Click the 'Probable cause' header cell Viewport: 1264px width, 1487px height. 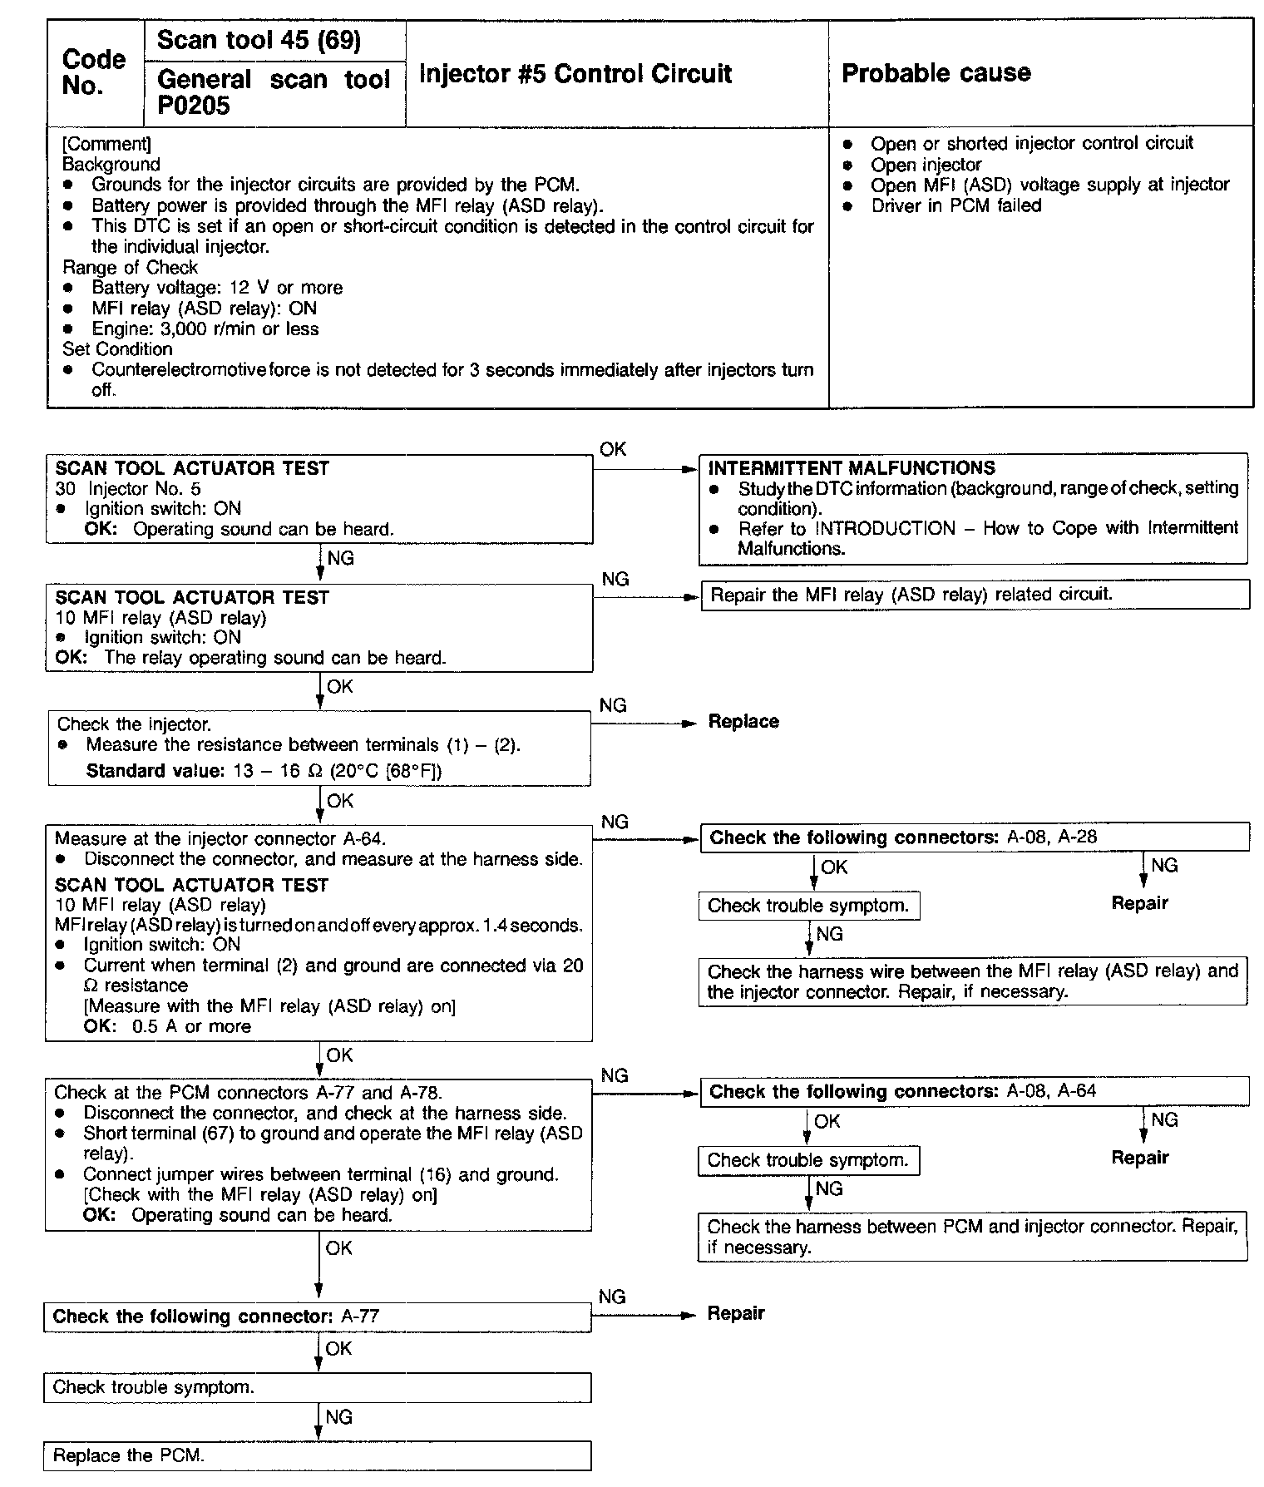[x=936, y=73]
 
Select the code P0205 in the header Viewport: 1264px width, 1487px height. [x=194, y=106]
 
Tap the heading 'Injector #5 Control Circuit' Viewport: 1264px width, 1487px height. [x=575, y=74]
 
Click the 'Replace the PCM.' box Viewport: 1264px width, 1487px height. [x=317, y=1455]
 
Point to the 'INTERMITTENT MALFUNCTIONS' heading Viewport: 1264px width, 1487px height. [x=852, y=468]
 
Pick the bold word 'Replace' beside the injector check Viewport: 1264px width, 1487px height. [x=743, y=722]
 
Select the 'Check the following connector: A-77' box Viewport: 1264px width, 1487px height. [x=317, y=1317]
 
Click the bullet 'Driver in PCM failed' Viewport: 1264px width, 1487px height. [x=955, y=205]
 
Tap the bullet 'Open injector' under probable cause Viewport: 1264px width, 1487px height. [x=926, y=165]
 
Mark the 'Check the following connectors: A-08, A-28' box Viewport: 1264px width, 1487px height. [x=975, y=837]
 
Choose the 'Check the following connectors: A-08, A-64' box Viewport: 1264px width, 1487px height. [x=975, y=1092]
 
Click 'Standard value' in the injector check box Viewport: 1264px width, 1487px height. [x=155, y=771]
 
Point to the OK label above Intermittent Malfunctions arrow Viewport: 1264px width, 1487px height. [x=613, y=450]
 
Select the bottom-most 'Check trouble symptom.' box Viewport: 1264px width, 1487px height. [x=317, y=1387]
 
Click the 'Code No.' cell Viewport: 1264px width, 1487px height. [x=94, y=73]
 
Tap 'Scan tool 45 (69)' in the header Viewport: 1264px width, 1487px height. [x=259, y=40]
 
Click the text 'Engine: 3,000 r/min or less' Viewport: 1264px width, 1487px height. [x=205, y=329]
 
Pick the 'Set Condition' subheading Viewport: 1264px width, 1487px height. [x=117, y=349]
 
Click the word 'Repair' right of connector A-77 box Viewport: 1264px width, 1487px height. [x=736, y=1314]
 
